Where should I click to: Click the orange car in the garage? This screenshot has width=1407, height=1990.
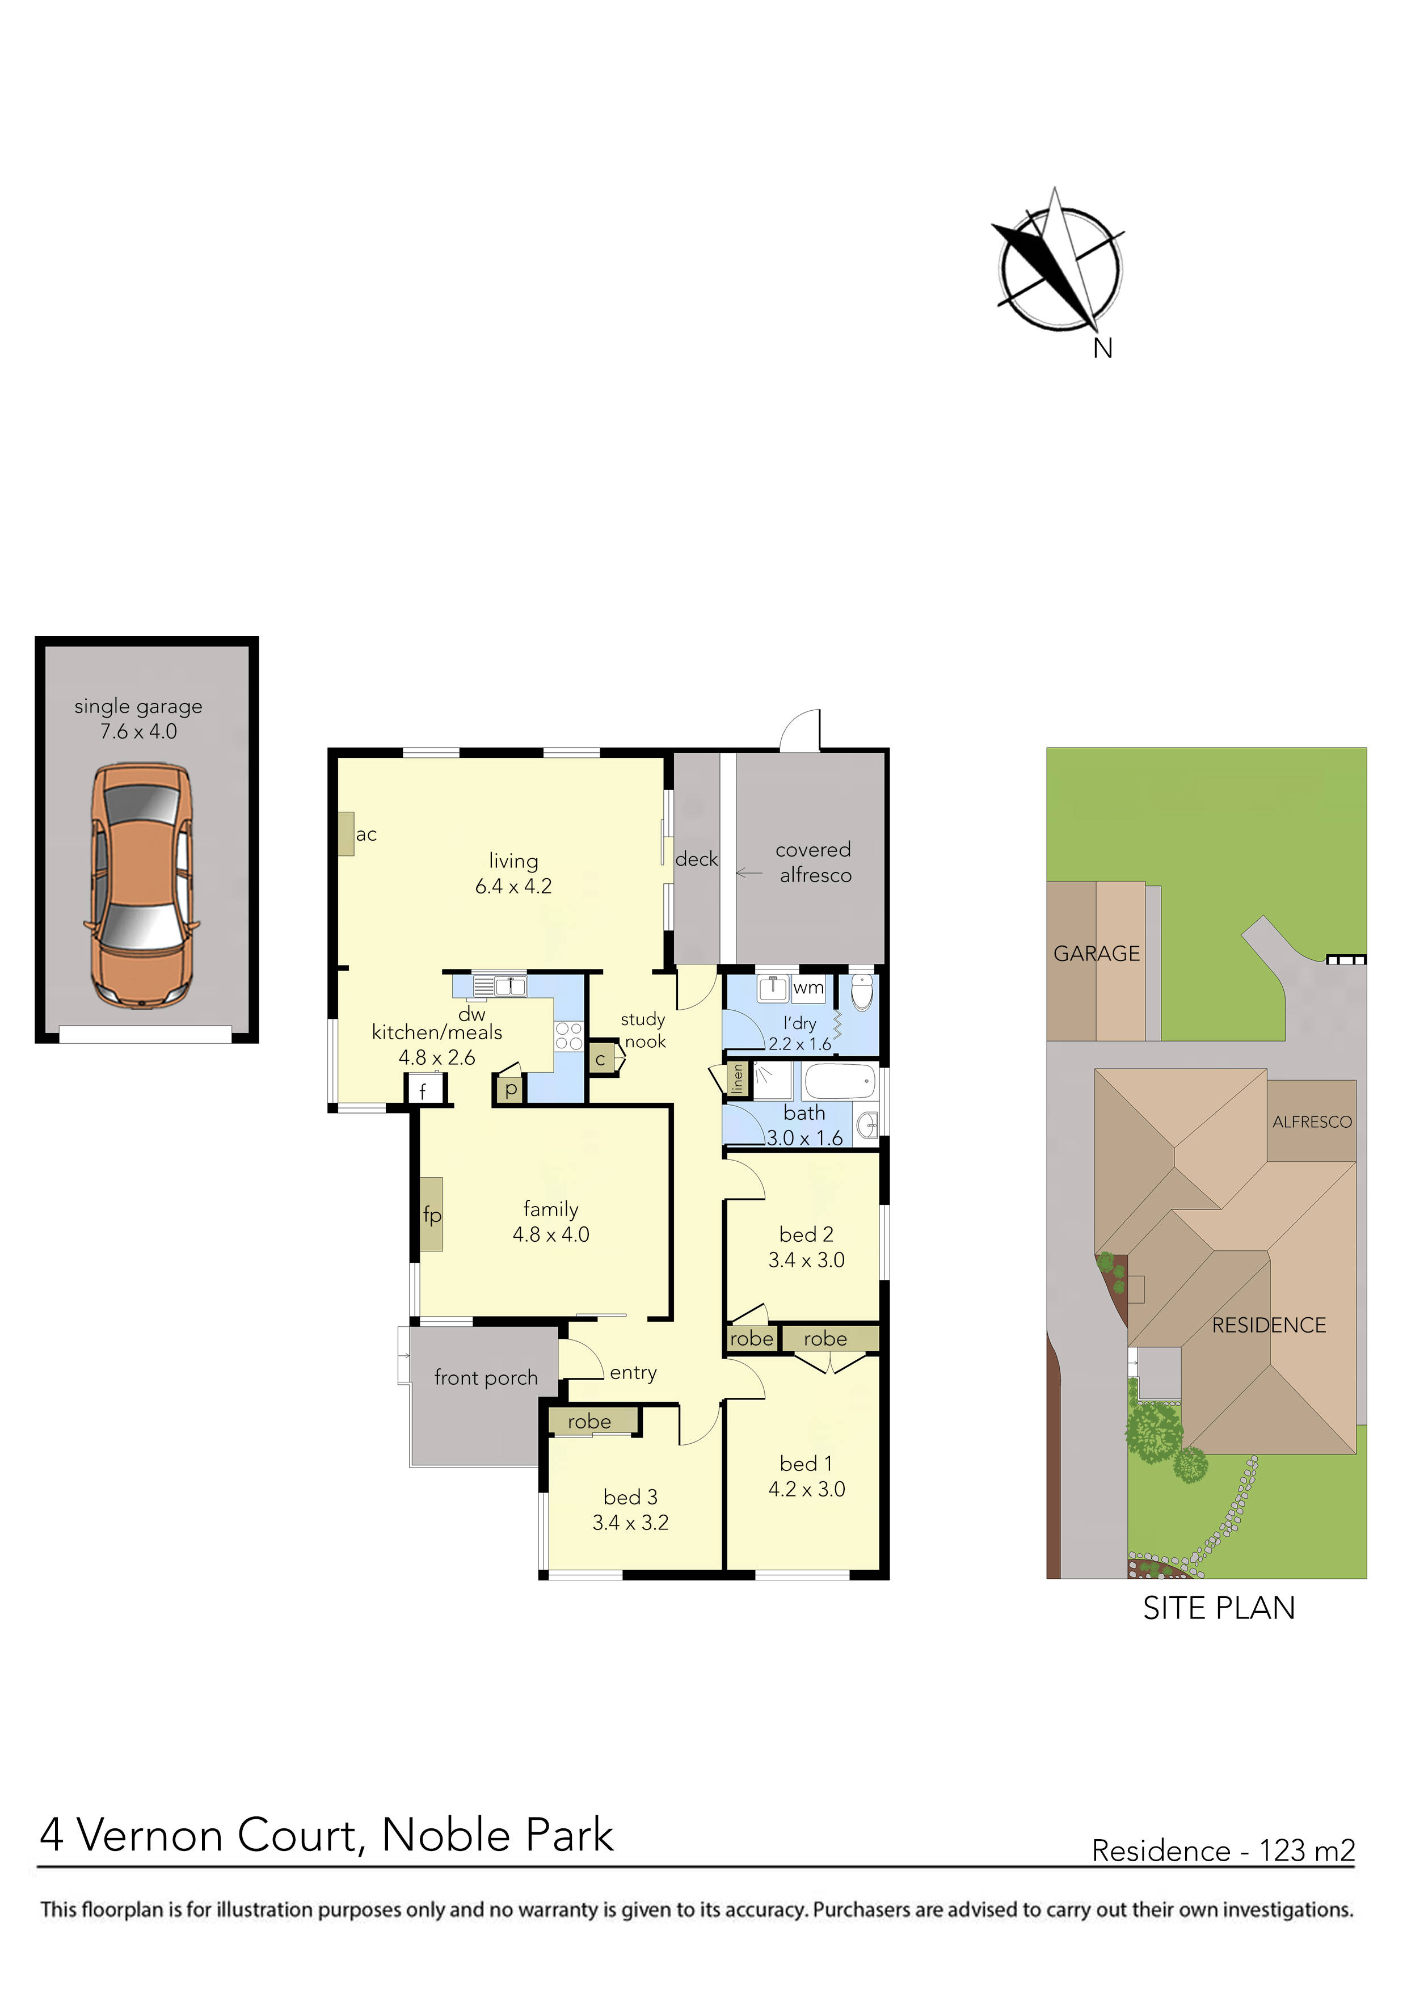141,885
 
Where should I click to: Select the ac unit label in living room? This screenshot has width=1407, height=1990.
366,834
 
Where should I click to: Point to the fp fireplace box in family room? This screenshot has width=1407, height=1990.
432,1215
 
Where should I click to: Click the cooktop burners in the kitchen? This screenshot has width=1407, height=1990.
568,1036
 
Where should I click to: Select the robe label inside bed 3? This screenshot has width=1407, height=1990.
589,1422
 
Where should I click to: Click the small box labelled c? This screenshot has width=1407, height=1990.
600,1059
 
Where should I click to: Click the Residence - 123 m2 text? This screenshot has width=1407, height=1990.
1223,1850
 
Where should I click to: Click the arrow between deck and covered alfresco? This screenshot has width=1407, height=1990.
749,873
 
